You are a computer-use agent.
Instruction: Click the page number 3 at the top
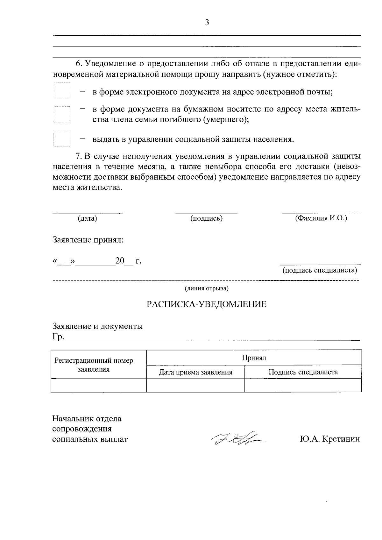pos(207,23)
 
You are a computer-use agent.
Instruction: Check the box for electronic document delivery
pos(62,92)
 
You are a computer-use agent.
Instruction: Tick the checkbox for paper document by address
pos(62,115)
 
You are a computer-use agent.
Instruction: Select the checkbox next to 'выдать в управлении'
pos(62,138)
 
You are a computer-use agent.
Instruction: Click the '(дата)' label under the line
pos(87,218)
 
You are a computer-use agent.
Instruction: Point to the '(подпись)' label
pos(206,218)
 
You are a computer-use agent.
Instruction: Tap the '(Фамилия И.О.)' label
pos(321,218)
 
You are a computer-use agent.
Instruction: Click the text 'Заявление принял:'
pos(88,240)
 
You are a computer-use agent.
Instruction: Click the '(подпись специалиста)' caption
pos(320,270)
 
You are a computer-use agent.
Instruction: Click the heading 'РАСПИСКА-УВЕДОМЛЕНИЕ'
pos(206,304)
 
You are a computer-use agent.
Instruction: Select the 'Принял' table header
pos(254,358)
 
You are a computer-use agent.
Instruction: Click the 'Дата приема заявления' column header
pos(195,372)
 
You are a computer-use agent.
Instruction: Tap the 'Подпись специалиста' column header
pos(303,372)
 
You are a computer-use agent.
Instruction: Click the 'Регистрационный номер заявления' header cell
pos(94,365)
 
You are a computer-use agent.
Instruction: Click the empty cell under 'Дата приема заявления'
pos(195,385)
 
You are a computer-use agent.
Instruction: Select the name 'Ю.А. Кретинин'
pos(329,439)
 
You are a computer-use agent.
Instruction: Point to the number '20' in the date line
pos(120,261)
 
